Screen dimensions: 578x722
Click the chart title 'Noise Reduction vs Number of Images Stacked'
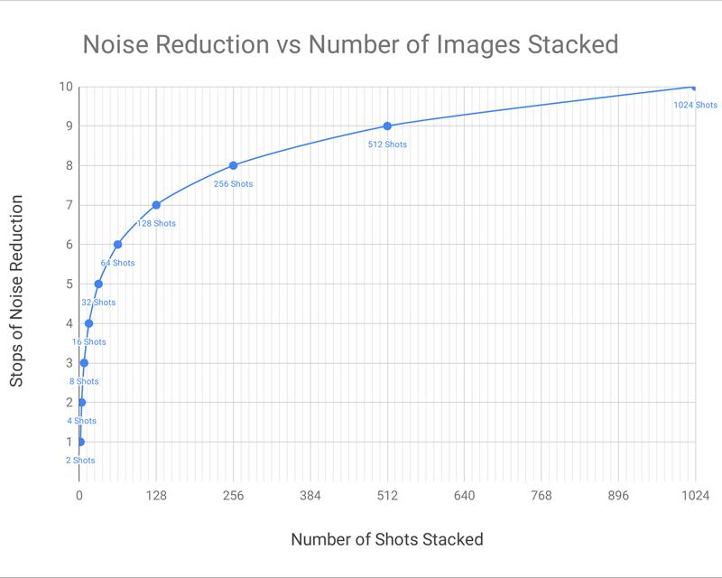pos(350,43)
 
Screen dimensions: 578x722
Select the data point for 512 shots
pos(387,126)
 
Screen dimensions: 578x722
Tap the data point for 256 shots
pos(233,165)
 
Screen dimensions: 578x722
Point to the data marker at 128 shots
pos(156,205)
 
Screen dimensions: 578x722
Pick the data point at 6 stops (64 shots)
pos(117,245)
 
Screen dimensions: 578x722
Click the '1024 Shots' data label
pos(695,105)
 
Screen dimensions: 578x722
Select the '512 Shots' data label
pos(387,144)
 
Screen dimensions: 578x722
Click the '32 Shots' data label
pos(98,303)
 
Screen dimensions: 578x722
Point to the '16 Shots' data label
pos(88,342)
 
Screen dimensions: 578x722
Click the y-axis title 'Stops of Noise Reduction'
pos(17,291)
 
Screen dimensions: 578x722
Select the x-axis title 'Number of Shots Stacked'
pos(386,539)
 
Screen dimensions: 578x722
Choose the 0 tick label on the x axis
pos(79,495)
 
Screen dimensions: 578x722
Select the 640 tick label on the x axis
pos(464,495)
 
